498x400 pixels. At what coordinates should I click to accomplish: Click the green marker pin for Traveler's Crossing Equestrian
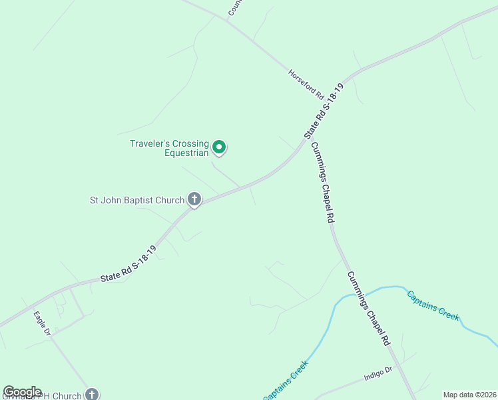tap(219, 147)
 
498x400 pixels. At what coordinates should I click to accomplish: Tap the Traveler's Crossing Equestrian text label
tap(170, 148)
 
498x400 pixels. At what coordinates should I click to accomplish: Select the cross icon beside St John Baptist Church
tap(194, 199)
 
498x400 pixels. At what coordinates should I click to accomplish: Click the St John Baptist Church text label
tap(137, 199)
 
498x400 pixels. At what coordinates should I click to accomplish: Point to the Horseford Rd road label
tap(306, 84)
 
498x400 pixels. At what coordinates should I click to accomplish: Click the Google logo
tap(22, 392)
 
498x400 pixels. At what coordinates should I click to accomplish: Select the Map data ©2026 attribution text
tap(469, 395)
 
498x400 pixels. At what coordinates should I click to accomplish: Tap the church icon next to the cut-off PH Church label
tap(92, 395)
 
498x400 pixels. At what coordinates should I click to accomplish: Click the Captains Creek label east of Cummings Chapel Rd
tap(433, 306)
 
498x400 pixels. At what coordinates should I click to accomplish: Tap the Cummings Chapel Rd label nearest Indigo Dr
tap(367, 309)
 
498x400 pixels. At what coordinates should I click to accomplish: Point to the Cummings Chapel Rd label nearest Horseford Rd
tap(322, 183)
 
